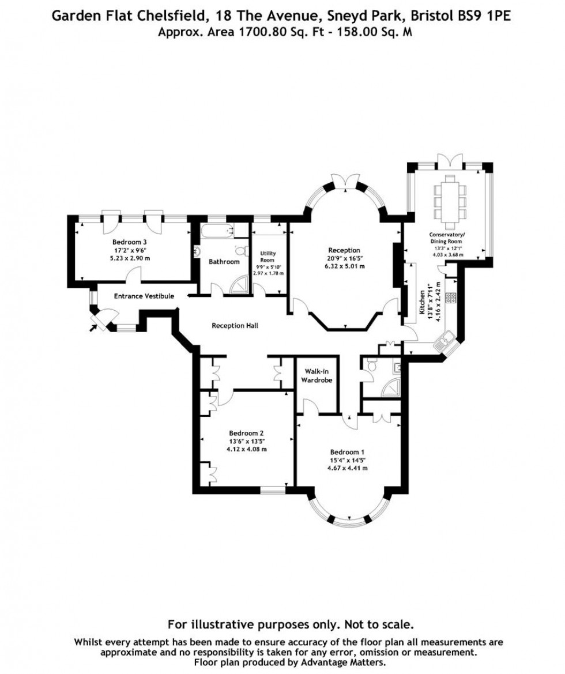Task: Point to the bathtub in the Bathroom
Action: click(x=217, y=232)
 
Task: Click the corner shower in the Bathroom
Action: click(x=243, y=284)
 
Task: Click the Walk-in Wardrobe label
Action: click(x=317, y=376)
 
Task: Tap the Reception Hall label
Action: click(x=235, y=326)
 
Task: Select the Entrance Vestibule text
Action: click(x=144, y=296)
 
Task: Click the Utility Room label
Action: click(x=268, y=257)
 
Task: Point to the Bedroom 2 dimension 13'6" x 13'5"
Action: click(x=246, y=442)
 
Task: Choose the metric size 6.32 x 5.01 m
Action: click(x=344, y=266)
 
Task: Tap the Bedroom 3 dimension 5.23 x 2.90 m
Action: click(x=130, y=258)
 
